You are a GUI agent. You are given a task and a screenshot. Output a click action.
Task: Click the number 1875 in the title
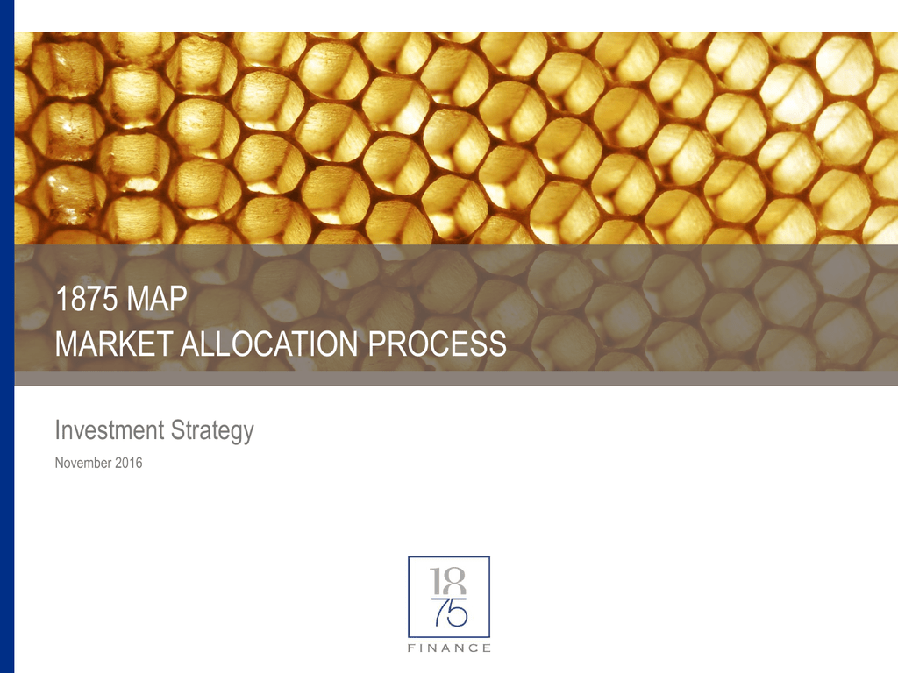point(87,299)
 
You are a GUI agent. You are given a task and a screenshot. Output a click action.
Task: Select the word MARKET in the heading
point(114,344)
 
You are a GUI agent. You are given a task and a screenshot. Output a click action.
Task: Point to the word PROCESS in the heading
point(437,344)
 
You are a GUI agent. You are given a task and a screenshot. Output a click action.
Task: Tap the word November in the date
point(83,463)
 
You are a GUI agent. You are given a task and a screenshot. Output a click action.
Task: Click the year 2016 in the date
point(128,463)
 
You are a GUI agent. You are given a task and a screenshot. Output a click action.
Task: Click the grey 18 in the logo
point(448,582)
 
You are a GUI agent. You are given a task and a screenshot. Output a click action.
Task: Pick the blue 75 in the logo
point(451,613)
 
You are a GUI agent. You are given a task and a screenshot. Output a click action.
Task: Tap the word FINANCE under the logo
point(449,648)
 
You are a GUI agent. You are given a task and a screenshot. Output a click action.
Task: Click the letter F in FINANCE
point(410,648)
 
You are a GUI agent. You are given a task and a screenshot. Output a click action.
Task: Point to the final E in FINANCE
point(487,648)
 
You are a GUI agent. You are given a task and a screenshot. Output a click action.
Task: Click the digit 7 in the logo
point(440,613)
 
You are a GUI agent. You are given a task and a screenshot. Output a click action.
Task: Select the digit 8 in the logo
point(455,582)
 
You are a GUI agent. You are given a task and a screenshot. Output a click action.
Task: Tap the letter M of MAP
point(138,299)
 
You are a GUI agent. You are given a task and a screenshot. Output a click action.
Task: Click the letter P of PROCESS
point(376,344)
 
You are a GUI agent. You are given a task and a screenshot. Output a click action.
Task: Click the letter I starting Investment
point(57,429)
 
